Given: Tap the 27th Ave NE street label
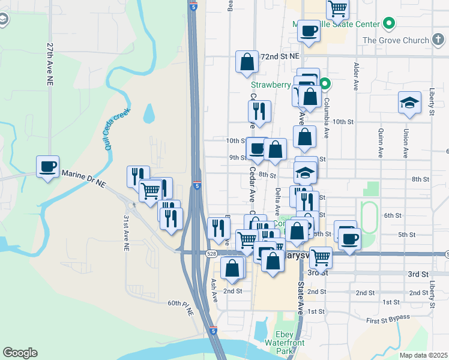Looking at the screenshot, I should click(x=50, y=62).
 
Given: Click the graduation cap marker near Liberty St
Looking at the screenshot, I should click(x=409, y=103).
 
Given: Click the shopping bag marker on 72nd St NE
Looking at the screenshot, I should click(x=247, y=61).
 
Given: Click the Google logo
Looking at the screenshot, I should click(x=20, y=353).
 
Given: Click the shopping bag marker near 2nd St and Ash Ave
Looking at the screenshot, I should click(x=232, y=268).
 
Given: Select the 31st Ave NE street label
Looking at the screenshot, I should click(x=126, y=232).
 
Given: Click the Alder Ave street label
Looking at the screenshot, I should click(x=357, y=76).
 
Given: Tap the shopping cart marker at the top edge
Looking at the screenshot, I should click(x=338, y=8).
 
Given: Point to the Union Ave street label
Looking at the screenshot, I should click(x=406, y=143).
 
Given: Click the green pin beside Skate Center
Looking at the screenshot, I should click(x=388, y=24).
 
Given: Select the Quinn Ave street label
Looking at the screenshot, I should click(x=381, y=142).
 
